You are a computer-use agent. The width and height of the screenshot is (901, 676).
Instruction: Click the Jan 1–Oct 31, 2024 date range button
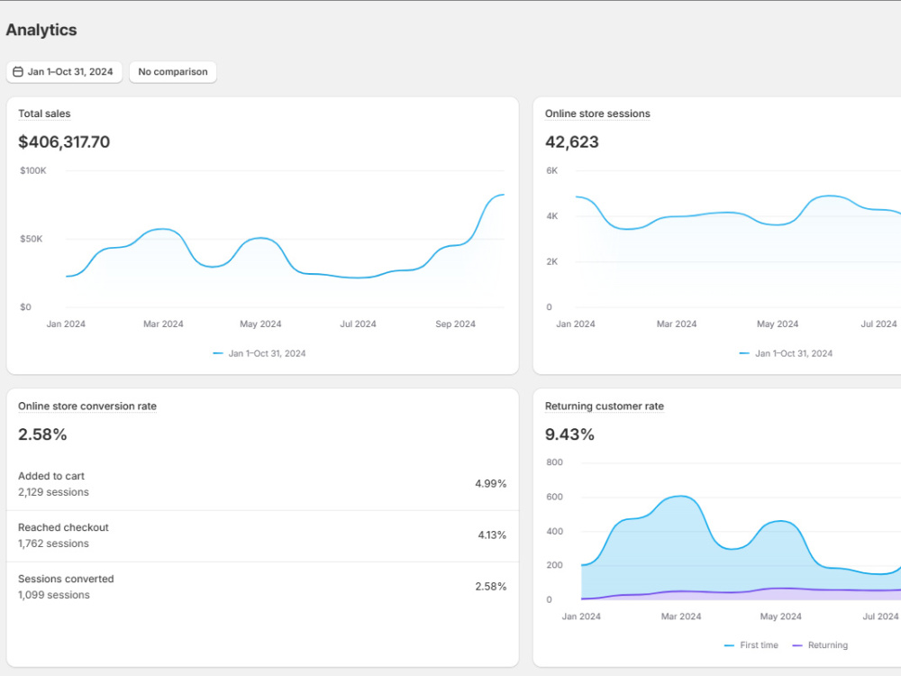pyautogui.click(x=64, y=72)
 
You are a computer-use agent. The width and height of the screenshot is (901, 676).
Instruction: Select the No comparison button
pyautogui.click(x=173, y=72)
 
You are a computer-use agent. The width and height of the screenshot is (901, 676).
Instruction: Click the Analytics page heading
pyautogui.click(x=41, y=30)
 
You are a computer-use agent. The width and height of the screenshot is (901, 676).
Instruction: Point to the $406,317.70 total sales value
pyautogui.click(x=64, y=142)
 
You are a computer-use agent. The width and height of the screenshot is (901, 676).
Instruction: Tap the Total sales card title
pyautogui.click(x=44, y=114)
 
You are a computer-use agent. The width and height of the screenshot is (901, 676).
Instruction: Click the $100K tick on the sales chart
pyautogui.click(x=33, y=170)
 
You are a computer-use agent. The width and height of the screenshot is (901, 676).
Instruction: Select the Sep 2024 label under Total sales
pyautogui.click(x=456, y=324)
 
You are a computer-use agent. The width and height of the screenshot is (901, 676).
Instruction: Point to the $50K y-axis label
pyautogui.click(x=31, y=239)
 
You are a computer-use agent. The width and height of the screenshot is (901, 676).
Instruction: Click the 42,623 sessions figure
pyautogui.click(x=572, y=142)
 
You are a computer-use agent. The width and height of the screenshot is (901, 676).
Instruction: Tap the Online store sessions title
pyautogui.click(x=597, y=114)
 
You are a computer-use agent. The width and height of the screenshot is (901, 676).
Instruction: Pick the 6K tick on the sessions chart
pyautogui.click(x=552, y=170)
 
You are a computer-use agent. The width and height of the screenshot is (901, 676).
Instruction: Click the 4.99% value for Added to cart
pyautogui.click(x=491, y=483)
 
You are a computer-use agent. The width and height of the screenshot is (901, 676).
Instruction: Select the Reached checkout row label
pyautogui.click(x=63, y=527)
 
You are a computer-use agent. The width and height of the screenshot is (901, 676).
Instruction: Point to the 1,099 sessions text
pyautogui.click(x=54, y=595)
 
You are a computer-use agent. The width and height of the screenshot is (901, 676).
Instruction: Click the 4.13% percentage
pyautogui.click(x=493, y=535)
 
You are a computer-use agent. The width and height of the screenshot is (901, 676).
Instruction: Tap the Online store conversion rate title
pyautogui.click(x=87, y=407)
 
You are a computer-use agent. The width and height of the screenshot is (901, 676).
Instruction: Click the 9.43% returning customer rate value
pyautogui.click(x=569, y=434)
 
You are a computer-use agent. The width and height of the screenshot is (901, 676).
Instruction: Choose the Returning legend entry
pyautogui.click(x=820, y=645)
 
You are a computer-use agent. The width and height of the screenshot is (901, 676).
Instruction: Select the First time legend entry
pyautogui.click(x=751, y=645)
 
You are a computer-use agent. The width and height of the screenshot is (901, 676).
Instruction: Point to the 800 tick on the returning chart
pyautogui.click(x=554, y=462)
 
